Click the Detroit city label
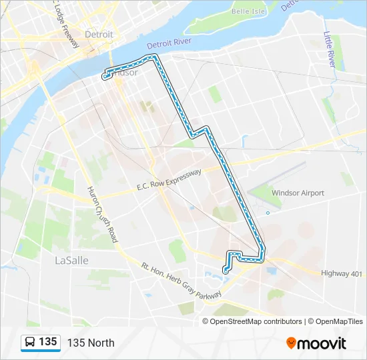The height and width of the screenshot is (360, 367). (99, 34)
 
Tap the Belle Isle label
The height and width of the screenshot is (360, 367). (249, 11)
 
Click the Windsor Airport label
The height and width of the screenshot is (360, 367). (298, 193)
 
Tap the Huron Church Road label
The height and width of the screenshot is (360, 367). (102, 213)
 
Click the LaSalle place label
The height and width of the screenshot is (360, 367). (71, 260)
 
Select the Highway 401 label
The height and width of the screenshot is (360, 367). (341, 273)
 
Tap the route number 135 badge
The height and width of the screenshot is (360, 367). (47, 342)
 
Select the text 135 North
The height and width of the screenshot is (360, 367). (91, 343)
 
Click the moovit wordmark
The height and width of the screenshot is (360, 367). (322, 343)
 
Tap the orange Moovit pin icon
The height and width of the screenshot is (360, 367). (292, 343)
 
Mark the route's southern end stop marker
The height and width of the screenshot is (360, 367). (226, 271)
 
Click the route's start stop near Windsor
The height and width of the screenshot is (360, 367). (105, 77)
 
